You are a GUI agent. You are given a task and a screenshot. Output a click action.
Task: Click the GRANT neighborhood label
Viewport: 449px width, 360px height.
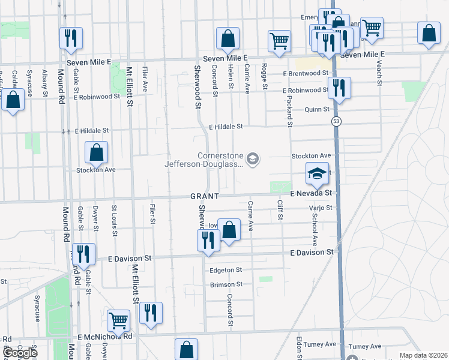pyautogui.click(x=205, y=196)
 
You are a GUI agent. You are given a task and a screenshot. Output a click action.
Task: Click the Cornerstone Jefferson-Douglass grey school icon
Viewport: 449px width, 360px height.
pyautogui.click(x=253, y=158)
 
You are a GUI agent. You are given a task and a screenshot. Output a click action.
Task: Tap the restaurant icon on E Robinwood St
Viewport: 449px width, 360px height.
pyautogui.click(x=339, y=89)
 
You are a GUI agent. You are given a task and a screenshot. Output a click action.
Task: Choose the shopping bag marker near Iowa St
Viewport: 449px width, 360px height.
pyautogui.click(x=229, y=230)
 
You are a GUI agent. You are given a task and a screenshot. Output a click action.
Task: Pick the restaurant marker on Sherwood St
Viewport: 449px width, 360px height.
pyautogui.click(x=208, y=241)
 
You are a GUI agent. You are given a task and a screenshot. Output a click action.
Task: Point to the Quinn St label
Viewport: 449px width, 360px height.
pyautogui.click(x=317, y=109)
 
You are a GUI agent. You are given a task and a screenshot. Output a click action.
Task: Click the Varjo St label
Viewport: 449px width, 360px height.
pyautogui.click(x=320, y=208)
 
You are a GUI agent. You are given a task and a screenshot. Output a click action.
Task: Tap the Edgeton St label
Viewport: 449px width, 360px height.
pyautogui.click(x=225, y=270)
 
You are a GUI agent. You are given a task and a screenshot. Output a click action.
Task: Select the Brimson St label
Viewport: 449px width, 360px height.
pyautogui.click(x=226, y=284)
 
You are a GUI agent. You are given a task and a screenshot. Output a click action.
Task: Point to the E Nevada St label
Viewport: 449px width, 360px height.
pyautogui.click(x=311, y=193)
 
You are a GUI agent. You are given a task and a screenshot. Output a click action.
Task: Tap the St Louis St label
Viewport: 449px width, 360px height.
pyautogui.click(x=113, y=217)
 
